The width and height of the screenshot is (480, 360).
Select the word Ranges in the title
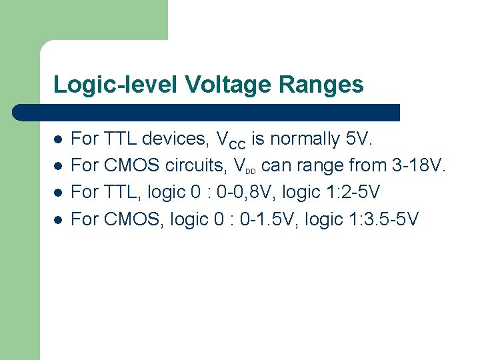tap(323, 85)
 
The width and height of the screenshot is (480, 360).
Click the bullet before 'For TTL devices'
tap(59, 140)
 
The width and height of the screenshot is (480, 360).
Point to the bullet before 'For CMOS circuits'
tap(59, 167)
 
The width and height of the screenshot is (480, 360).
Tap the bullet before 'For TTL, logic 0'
tap(59, 193)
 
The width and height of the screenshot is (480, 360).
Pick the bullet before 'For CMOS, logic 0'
tap(59, 220)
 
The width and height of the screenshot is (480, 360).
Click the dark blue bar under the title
tap(207, 112)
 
